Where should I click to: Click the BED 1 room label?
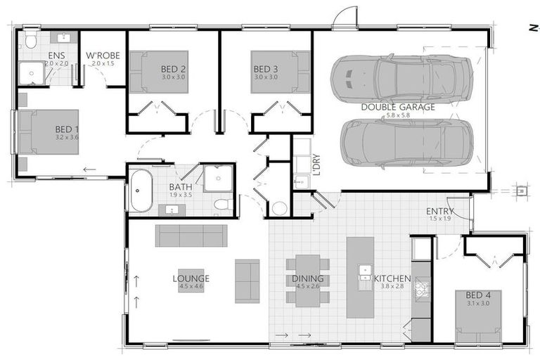point(67,129)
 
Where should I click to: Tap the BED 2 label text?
point(173,69)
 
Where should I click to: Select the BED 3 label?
point(265,69)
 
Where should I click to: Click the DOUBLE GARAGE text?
point(398,107)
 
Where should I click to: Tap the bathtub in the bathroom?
point(141,190)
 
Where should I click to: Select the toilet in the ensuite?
point(30,41)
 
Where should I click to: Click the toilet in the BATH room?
point(222,205)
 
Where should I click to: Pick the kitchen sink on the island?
point(365,271)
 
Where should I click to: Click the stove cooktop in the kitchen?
point(422,288)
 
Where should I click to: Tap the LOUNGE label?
point(191,278)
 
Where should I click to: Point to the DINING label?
point(308,278)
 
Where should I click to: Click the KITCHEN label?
point(392,278)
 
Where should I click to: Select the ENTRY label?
point(439,211)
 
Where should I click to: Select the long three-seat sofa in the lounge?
point(191,236)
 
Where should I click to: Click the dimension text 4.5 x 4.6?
point(191,286)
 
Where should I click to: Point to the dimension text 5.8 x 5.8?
point(398,115)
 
